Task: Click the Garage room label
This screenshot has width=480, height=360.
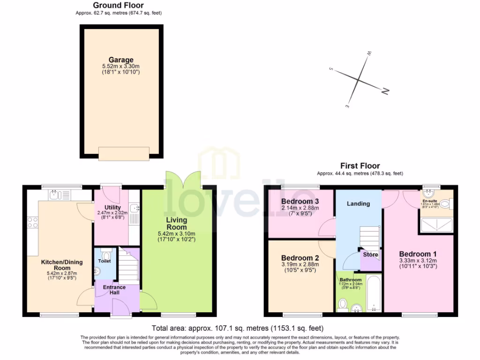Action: (121, 60)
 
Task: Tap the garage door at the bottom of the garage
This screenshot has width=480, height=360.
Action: (124, 153)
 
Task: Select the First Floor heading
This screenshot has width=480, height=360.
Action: (360, 165)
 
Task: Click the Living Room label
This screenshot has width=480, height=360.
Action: (177, 223)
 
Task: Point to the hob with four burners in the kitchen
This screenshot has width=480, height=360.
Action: (32, 223)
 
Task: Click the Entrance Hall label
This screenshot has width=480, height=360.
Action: (114, 290)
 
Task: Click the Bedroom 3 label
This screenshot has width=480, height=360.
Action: (300, 202)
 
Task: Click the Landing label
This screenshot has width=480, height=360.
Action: (358, 203)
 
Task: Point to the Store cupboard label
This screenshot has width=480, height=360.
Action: (370, 255)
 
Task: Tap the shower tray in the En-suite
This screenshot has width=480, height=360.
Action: (436, 226)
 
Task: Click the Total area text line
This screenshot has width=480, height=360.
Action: (238, 328)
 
